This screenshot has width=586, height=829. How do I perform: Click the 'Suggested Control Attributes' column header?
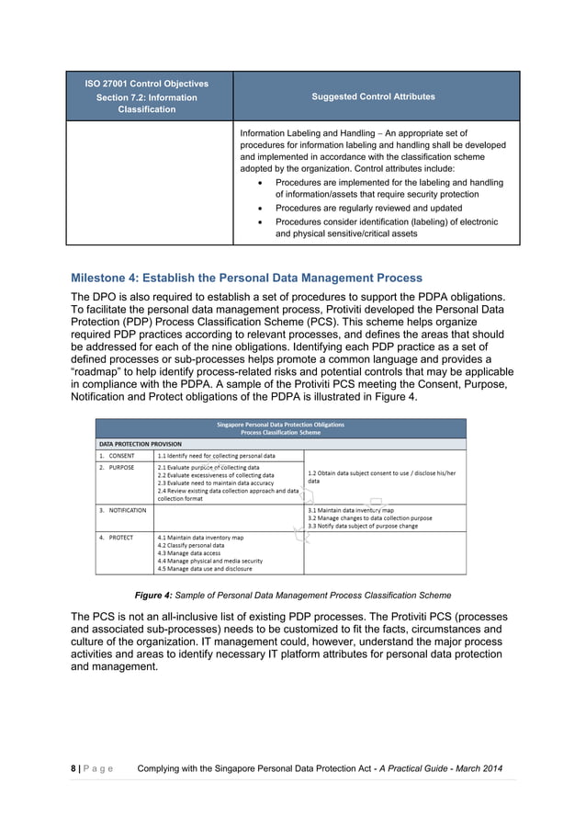click(376, 97)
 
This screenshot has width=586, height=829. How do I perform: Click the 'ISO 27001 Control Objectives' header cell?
click(148, 84)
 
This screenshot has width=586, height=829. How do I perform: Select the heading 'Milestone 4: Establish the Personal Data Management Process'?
click(246, 278)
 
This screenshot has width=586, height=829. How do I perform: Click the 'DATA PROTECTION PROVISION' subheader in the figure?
click(140, 443)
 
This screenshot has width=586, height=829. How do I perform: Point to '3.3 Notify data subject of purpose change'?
click(362, 526)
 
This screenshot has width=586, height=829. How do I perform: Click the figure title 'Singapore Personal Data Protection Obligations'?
click(281, 424)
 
